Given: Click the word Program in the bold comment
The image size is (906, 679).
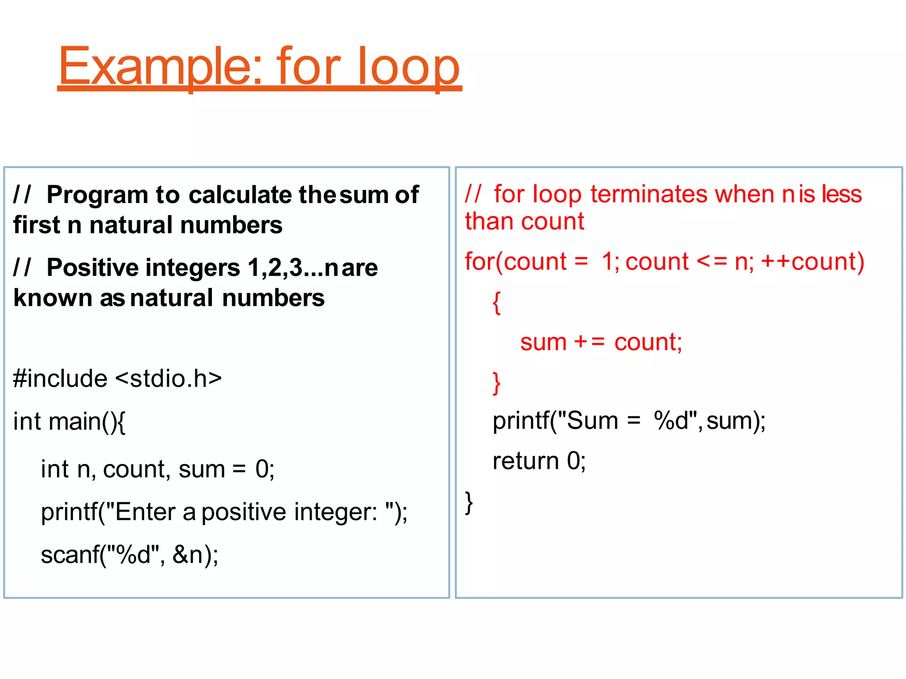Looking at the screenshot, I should click(x=97, y=195).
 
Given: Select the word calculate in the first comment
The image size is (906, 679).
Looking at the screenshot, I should click(x=241, y=195).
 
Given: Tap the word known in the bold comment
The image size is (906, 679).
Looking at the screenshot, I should click(x=52, y=298).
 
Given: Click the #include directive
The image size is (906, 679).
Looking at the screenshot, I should click(x=60, y=379).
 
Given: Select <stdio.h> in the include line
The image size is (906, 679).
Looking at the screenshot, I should click(x=169, y=379).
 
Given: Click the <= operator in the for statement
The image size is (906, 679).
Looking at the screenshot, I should click(x=712, y=262).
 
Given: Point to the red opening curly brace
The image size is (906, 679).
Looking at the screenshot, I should click(x=497, y=303).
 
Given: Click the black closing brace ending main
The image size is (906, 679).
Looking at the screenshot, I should click(x=469, y=503).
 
